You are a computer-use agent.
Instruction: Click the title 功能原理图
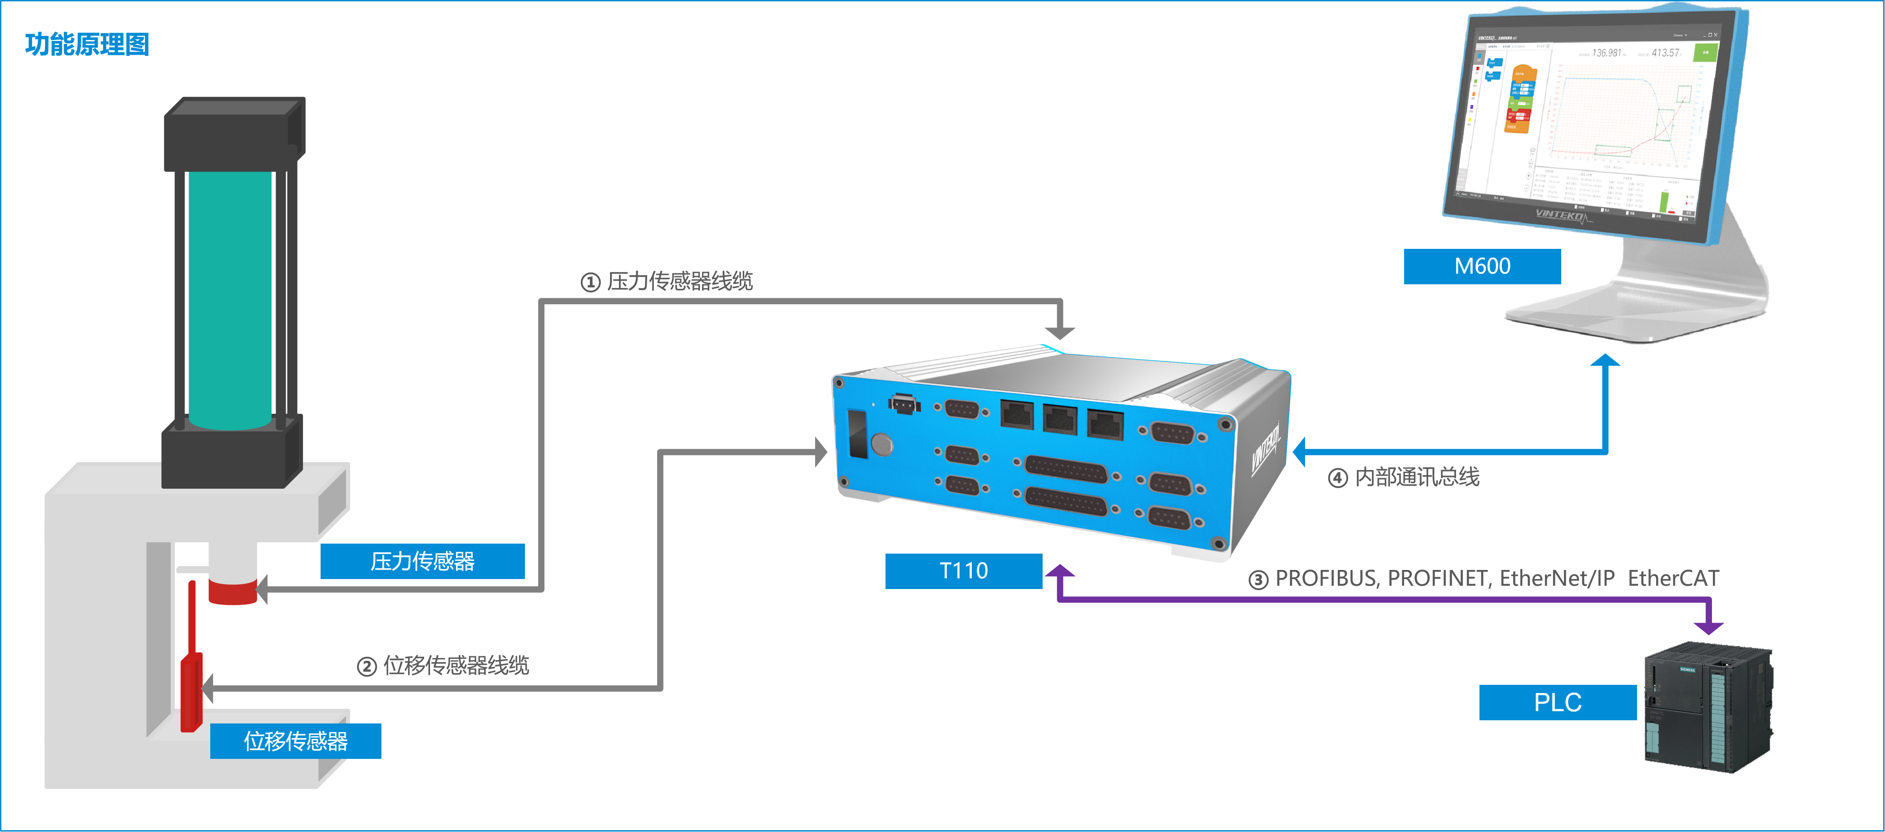(x=87, y=45)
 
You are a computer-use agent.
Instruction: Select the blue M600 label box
(x=1482, y=266)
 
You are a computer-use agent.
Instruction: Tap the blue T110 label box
(x=963, y=571)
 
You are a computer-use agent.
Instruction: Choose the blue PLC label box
(x=1557, y=703)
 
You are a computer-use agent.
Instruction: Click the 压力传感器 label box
(x=422, y=561)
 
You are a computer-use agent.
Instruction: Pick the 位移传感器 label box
(x=296, y=741)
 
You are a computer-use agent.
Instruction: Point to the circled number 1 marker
(x=590, y=282)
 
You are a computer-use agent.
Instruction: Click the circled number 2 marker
(x=366, y=667)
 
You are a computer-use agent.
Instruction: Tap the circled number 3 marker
(x=1258, y=580)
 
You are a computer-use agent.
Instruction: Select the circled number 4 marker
(x=1338, y=479)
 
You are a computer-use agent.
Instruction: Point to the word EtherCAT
(x=1673, y=579)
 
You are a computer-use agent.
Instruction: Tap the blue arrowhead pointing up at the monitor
(x=1605, y=361)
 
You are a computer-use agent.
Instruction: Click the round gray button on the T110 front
(x=882, y=443)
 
